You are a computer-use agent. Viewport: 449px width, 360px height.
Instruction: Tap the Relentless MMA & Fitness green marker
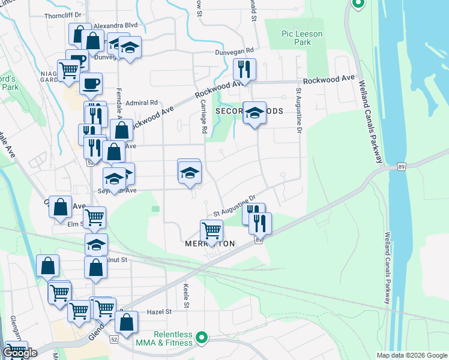202,338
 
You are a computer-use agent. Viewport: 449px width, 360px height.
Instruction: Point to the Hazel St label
160,312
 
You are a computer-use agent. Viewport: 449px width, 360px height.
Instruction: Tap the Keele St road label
187,296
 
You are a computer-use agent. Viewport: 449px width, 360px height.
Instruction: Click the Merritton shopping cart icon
211,230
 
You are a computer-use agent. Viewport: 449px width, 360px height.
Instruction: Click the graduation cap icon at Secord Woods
255,112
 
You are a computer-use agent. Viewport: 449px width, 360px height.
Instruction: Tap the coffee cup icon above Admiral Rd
91,83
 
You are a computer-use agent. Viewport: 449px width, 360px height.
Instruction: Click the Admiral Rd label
141,103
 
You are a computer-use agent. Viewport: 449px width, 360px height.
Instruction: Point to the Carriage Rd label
204,118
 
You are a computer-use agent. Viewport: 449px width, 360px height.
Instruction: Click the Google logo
20,353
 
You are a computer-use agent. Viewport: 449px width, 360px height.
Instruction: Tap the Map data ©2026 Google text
411,355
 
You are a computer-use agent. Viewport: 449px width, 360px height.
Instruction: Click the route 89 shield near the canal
401,166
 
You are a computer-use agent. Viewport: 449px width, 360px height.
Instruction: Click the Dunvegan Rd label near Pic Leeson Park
235,52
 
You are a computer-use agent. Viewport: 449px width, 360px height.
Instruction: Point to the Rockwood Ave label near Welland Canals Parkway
329,80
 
